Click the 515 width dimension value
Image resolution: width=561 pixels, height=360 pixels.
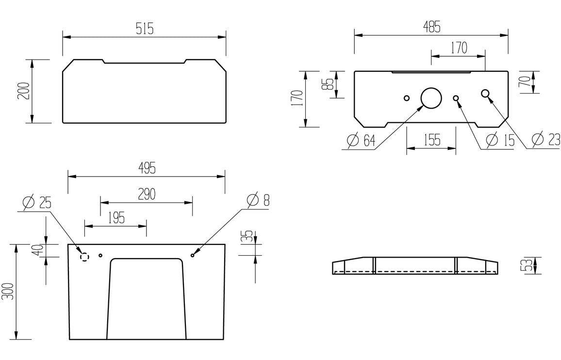tap(145, 29)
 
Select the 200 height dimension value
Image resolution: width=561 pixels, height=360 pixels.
tap(24, 91)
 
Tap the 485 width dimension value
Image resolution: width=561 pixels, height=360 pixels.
tap(432, 27)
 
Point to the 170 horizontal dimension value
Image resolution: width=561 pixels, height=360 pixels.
tap(459, 48)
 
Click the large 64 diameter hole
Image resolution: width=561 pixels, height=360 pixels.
tap(431, 98)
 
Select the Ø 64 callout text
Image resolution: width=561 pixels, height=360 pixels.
tap(362, 140)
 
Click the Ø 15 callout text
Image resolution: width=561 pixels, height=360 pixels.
tap(500, 140)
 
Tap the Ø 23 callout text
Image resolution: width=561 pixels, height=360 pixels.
tap(545, 139)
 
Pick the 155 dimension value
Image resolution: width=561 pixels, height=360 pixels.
tap(432, 140)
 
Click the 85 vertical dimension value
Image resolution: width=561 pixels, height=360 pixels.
tap(328, 84)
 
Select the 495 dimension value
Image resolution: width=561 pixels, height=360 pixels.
tap(147, 168)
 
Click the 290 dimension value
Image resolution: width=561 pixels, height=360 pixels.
tap(147, 194)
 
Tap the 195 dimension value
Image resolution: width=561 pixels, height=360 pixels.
tap(116, 217)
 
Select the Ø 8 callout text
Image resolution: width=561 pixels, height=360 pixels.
tap(258, 200)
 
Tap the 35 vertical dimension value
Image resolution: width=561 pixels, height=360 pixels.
tap(248, 237)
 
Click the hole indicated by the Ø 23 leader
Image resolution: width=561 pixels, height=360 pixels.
tap(485, 94)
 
